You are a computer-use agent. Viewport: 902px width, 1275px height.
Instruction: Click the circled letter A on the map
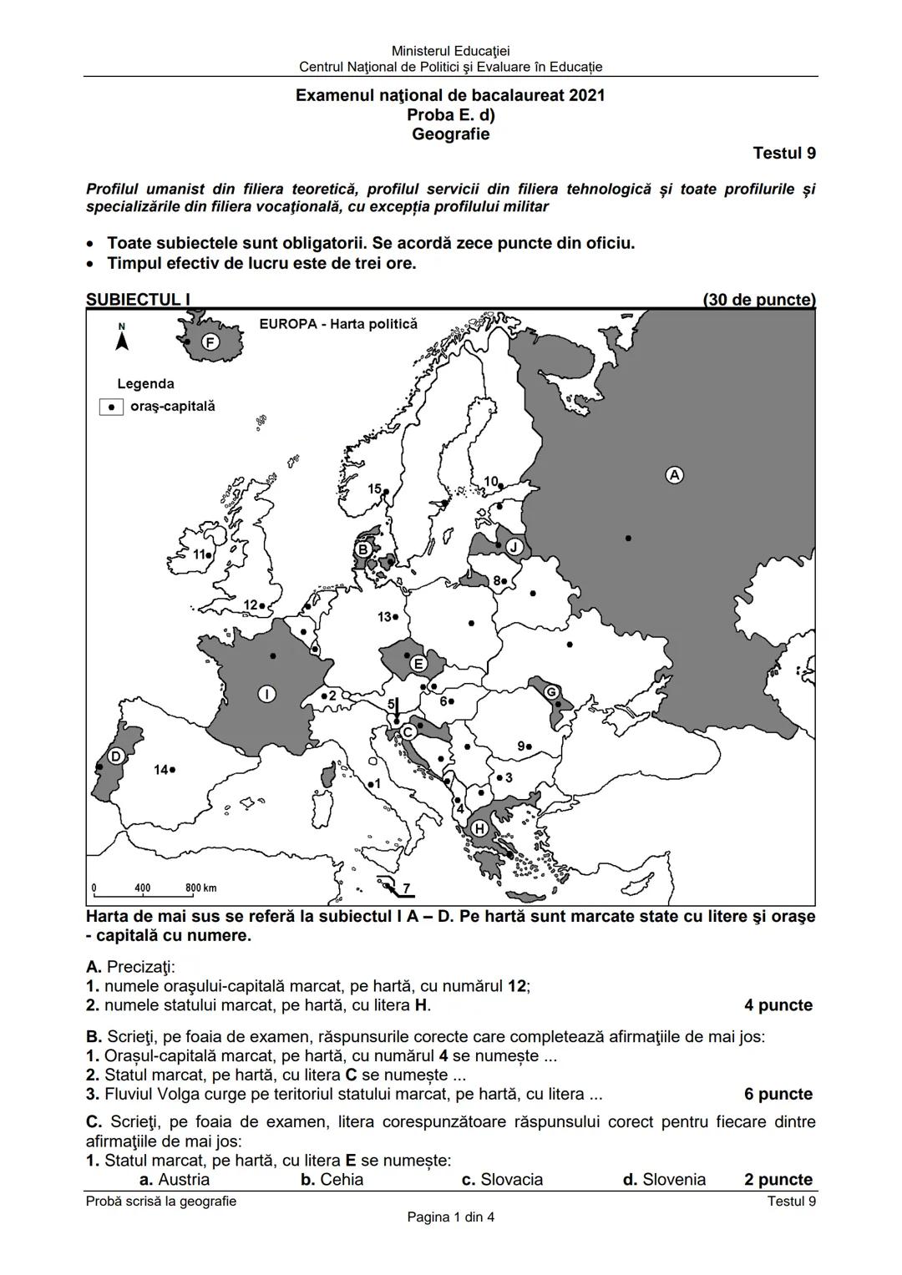click(673, 475)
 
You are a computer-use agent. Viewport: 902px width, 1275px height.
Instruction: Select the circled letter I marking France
click(266, 694)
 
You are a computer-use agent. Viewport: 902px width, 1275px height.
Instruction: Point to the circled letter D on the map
click(116, 756)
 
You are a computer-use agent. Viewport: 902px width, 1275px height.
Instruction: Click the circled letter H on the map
click(479, 828)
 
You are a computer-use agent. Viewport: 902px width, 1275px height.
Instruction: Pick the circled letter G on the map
click(551, 692)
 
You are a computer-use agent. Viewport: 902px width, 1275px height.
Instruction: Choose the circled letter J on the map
click(514, 547)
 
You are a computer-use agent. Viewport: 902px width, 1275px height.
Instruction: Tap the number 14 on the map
click(160, 769)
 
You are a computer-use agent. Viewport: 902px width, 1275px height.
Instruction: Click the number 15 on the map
click(374, 488)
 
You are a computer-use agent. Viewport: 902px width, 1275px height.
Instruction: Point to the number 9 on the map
click(521, 746)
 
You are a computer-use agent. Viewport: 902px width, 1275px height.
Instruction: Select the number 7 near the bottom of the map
click(407, 888)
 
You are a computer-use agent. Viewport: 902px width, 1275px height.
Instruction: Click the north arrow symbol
click(122, 339)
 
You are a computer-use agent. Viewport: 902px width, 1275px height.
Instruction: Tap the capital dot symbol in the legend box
click(111, 407)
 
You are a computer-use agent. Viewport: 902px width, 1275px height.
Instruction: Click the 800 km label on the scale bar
click(200, 888)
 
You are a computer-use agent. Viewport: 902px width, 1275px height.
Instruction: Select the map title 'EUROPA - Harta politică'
click(337, 324)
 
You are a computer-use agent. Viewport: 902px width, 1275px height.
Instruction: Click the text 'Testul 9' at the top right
click(783, 154)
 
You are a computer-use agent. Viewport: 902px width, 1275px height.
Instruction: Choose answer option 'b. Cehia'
click(332, 1179)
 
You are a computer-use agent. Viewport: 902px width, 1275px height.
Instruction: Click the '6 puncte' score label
click(778, 1094)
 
